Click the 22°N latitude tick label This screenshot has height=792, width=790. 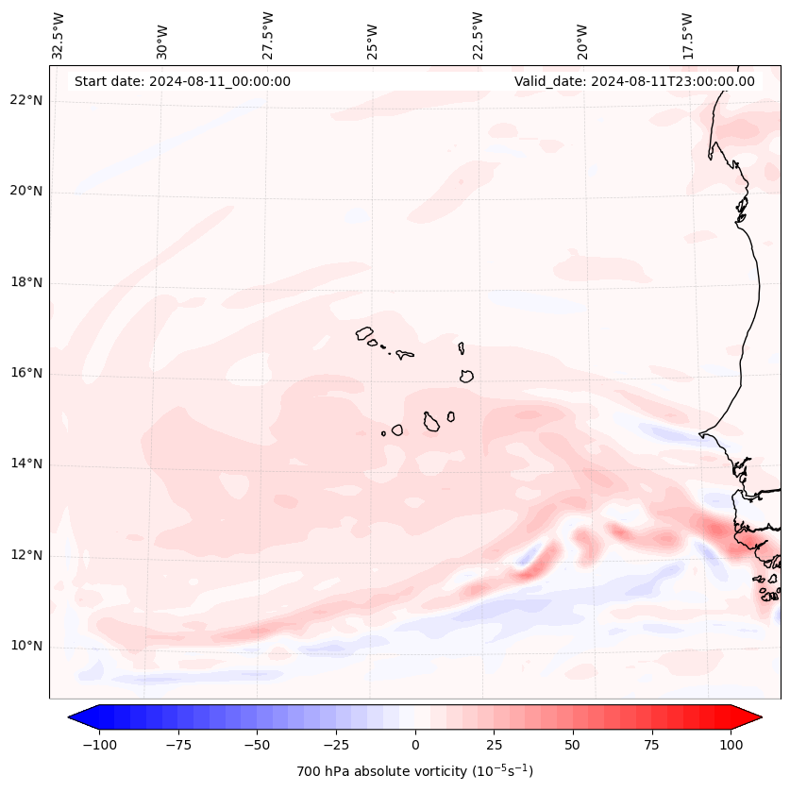[27, 101]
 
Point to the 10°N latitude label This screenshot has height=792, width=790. [27, 647]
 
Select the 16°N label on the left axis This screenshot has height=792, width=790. [27, 374]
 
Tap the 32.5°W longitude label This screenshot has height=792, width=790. [59, 36]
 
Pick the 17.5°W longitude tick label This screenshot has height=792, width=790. [688, 36]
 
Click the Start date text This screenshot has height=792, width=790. [182, 81]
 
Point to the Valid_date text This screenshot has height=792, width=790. [634, 81]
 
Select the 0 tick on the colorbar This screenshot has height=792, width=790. [414, 745]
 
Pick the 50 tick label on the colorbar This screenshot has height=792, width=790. [573, 745]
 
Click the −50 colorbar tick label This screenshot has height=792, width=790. [255, 745]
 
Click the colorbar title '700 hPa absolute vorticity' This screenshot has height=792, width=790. [414, 771]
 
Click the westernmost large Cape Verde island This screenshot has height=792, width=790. [365, 333]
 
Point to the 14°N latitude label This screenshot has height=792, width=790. [27, 464]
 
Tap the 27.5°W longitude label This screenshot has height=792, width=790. [268, 36]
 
